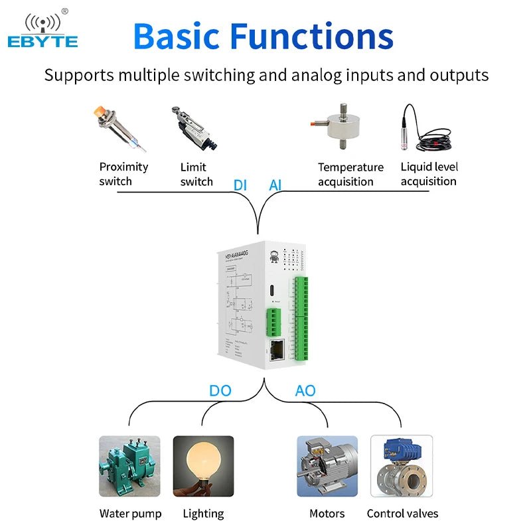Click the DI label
240,185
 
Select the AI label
275,185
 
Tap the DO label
220,390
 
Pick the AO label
305,390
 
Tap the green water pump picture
129,466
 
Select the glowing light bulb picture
203,466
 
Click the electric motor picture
327,466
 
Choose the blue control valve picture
401,466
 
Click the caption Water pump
130,513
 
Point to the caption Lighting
203,513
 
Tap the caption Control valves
402,513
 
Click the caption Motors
327,513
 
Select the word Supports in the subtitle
80,74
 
